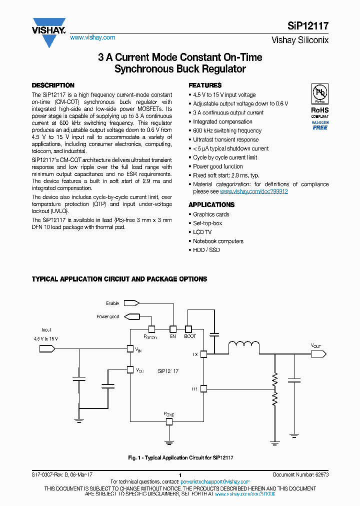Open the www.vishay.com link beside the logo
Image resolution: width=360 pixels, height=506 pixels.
(92, 37)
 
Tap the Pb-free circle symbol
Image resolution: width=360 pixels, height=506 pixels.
(319, 94)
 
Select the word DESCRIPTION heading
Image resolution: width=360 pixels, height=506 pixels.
(53, 85)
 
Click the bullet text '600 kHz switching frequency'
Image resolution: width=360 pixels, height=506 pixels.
(227, 130)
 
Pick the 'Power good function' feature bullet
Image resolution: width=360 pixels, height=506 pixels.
(218, 166)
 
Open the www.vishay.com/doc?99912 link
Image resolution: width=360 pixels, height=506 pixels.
(254, 191)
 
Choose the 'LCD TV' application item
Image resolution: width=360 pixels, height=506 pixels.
(202, 232)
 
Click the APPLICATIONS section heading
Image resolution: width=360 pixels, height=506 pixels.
(211, 204)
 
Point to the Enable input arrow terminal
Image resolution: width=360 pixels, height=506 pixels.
(131, 303)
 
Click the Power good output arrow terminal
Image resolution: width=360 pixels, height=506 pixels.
(131, 316)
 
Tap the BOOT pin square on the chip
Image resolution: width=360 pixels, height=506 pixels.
(188, 329)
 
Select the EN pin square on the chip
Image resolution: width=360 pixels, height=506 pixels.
(173, 329)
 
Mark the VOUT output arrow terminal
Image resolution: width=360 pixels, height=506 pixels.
(318, 354)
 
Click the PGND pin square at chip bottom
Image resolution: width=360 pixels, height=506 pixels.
(169, 421)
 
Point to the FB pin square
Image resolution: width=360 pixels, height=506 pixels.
(203, 388)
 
